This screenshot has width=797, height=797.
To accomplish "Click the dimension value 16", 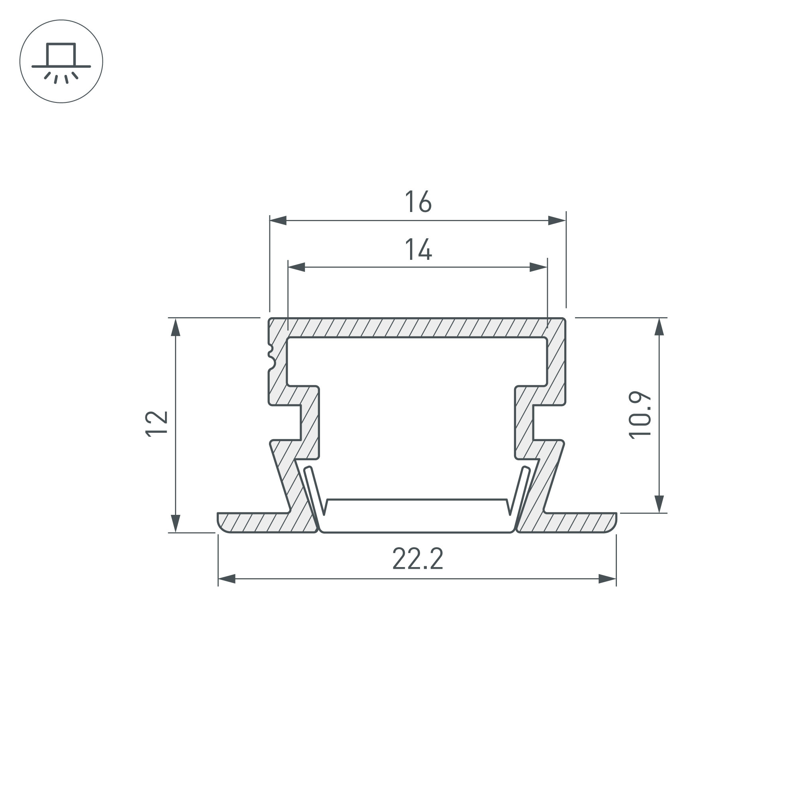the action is (418, 202).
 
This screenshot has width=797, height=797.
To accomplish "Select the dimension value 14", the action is (418, 249).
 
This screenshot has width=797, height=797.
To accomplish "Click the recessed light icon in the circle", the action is (61, 62).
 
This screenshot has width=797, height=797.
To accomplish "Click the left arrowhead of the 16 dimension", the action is (278, 220).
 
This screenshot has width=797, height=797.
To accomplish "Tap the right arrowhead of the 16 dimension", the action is (557, 220).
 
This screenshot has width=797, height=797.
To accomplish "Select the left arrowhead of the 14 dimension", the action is (296, 267).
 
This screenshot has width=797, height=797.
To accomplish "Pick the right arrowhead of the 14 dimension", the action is (538, 267).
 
